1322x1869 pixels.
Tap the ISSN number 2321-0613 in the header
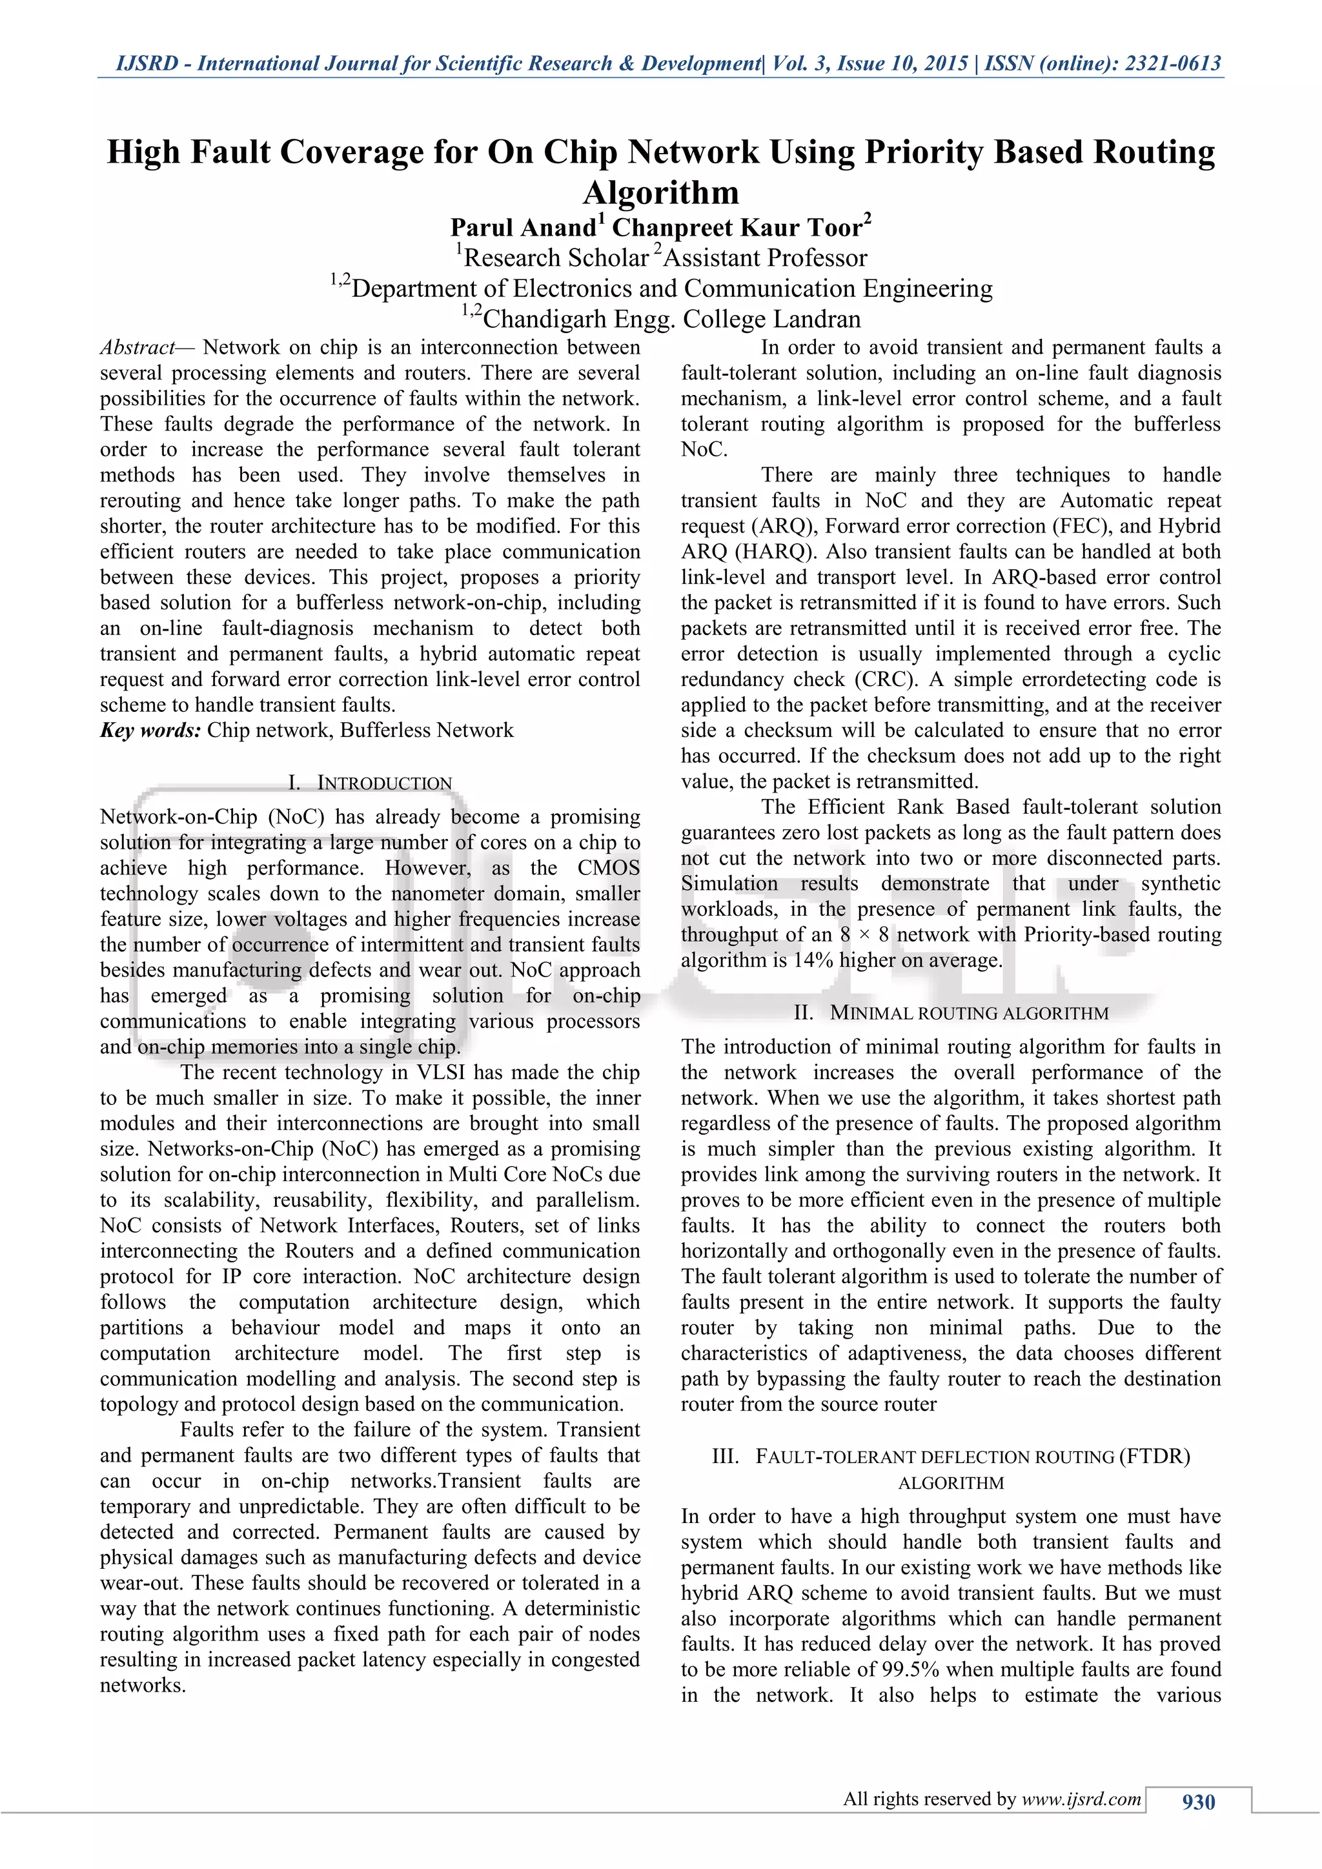tap(1172, 63)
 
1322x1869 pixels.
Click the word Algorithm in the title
tap(660, 192)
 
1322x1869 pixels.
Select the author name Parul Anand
tap(523, 227)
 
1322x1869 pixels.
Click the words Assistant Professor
tap(765, 258)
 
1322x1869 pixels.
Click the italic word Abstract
tap(137, 348)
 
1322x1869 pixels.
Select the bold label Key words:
tap(150, 730)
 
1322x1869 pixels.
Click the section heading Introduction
tap(383, 783)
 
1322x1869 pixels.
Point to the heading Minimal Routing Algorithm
tap(969, 1013)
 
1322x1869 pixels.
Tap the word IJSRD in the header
tap(147, 63)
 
